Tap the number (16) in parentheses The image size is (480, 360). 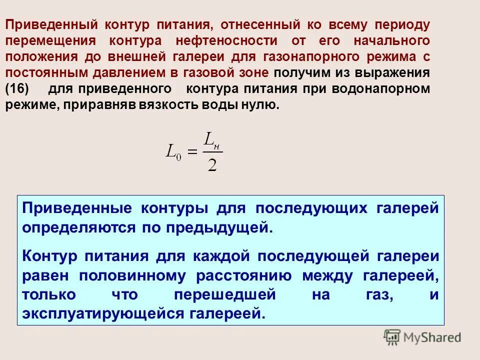(17, 89)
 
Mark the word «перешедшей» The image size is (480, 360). (225, 294)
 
